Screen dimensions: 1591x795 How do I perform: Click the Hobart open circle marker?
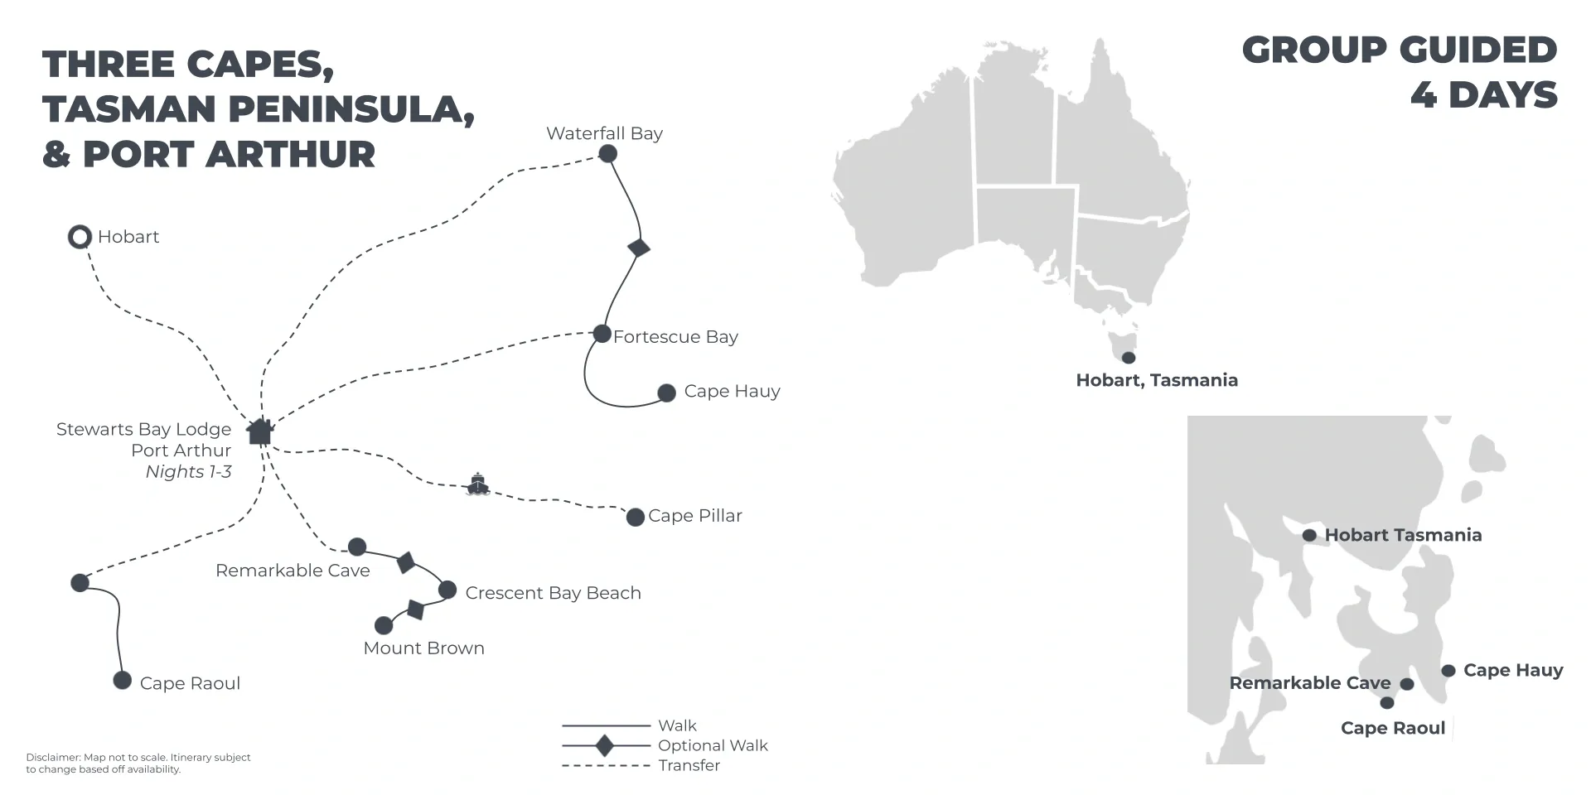pyautogui.click(x=80, y=238)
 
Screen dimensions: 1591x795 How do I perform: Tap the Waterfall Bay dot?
pyautogui.click(x=607, y=153)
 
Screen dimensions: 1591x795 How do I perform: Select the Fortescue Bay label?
pyautogui.click(x=675, y=337)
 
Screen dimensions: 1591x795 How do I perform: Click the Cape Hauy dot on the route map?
pyautogui.click(x=666, y=393)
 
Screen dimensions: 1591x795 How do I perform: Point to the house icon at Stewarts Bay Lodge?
pyautogui.click(x=260, y=431)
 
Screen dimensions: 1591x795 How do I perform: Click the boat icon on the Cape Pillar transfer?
pyautogui.click(x=478, y=484)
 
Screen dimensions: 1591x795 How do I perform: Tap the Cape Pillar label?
pyautogui.click(x=695, y=516)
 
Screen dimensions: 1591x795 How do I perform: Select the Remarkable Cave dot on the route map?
pyautogui.click(x=357, y=547)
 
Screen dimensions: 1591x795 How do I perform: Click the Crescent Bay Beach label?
pyautogui.click(x=554, y=593)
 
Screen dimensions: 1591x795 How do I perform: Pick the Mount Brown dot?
pyautogui.click(x=384, y=625)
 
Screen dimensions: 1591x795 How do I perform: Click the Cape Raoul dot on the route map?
pyautogui.click(x=123, y=681)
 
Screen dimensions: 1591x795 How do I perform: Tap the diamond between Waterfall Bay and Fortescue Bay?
pyautogui.click(x=639, y=247)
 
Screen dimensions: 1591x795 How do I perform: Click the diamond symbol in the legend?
pyautogui.click(x=605, y=745)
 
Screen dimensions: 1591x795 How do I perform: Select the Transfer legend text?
pyautogui.click(x=689, y=765)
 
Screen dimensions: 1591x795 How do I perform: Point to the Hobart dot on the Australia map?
pyautogui.click(x=1129, y=358)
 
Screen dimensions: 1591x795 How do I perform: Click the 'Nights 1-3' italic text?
pyautogui.click(x=188, y=472)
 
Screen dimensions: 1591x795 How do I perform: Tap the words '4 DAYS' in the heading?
pyautogui.click(x=1484, y=95)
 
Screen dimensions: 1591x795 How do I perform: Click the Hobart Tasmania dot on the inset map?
pyautogui.click(x=1309, y=536)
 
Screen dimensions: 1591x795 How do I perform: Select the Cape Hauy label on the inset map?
pyautogui.click(x=1513, y=670)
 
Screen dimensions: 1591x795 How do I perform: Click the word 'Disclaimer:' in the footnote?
pyautogui.click(x=53, y=758)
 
